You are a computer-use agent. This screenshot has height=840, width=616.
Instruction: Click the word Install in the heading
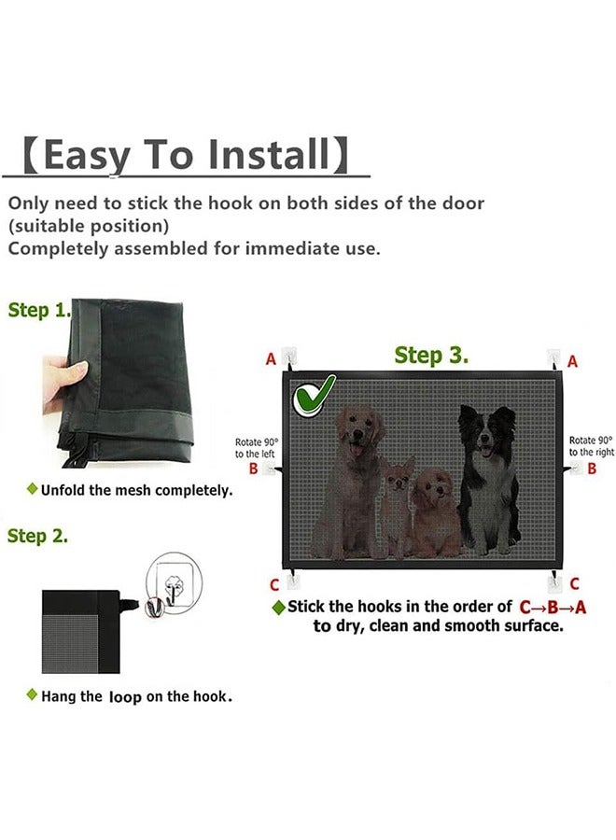pos(269,154)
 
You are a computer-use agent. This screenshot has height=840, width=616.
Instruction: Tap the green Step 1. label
pos(39,310)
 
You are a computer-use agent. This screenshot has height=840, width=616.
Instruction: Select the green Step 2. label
pos(37,536)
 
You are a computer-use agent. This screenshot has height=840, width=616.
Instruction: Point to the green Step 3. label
pos(431,355)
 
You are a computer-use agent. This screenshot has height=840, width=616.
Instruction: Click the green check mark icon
pos(314,396)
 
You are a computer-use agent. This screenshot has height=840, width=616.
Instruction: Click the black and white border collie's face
pos(487,434)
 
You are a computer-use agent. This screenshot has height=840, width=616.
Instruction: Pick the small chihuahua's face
pos(398,475)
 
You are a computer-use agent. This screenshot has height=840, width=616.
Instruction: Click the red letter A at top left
pos(271,359)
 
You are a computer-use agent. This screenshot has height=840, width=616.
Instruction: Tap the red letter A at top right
pos(573,361)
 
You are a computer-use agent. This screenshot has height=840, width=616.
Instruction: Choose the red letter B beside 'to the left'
pos(253,469)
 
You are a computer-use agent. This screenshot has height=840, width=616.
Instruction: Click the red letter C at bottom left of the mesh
pos(274,585)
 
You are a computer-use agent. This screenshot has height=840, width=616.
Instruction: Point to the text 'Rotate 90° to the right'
pos(592,446)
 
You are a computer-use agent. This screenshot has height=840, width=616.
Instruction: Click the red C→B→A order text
pos(553,608)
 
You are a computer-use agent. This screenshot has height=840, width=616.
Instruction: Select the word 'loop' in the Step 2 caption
pos(125,697)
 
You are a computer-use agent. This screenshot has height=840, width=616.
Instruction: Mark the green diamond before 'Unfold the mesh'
pos(32,488)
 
